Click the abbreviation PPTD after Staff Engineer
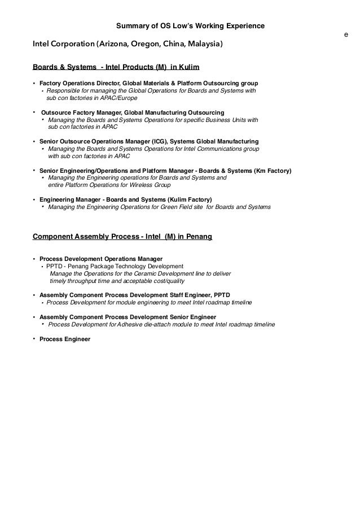click(x=220, y=295)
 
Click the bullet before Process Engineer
click(x=34, y=339)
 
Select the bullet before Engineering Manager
click(x=34, y=199)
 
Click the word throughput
click(x=84, y=281)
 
